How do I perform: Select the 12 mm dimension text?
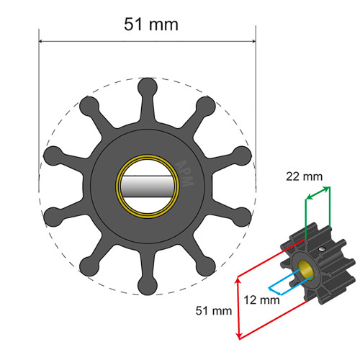tap(261, 300)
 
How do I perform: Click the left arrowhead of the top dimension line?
tap(42, 41)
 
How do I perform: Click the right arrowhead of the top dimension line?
tap(254, 41)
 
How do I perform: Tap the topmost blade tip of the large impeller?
tap(148, 84)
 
